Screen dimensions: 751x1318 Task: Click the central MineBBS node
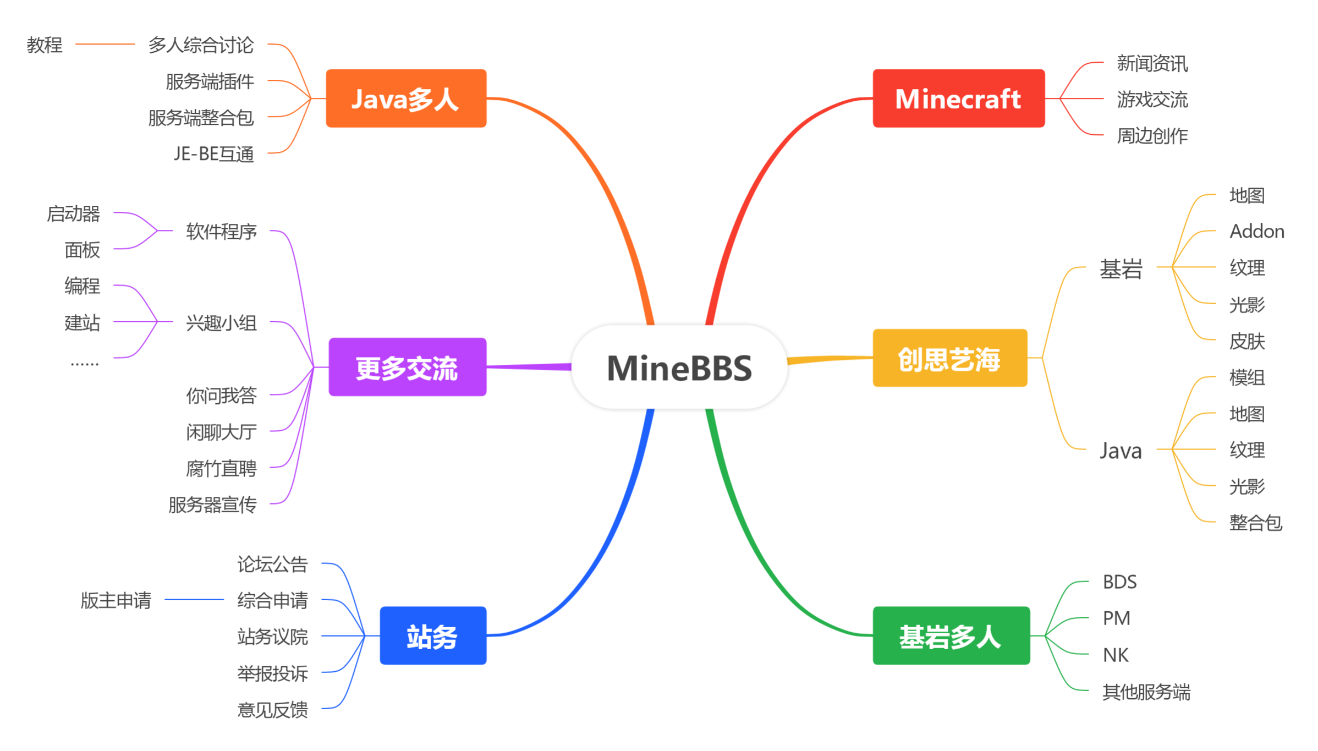pos(679,368)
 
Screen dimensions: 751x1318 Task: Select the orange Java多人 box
pos(406,99)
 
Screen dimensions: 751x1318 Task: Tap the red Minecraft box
pos(958,99)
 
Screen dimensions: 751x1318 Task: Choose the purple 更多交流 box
pos(407,368)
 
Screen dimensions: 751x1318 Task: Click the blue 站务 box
pos(433,636)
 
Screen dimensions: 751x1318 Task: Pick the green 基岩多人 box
pos(951,636)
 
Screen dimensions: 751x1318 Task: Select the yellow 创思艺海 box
pos(949,359)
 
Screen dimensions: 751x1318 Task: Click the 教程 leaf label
pos(45,45)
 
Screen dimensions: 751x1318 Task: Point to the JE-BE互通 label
pos(214,154)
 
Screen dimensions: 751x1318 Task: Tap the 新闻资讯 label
pos(1152,64)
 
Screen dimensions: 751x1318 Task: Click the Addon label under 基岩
pos(1257,231)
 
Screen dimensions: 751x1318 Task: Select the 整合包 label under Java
pos(1255,523)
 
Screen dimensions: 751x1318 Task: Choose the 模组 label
pos(1247,377)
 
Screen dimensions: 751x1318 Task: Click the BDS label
pos(1119,582)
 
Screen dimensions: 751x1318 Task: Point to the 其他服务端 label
pos(1146,692)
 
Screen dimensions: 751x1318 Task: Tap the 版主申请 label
pos(116,600)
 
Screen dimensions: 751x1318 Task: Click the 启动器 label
pos(73,213)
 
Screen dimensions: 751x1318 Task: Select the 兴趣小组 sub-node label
pos(221,322)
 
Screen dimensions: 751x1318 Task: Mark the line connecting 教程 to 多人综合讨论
pos(105,44)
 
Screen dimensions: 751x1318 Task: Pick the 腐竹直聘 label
pos(221,469)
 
